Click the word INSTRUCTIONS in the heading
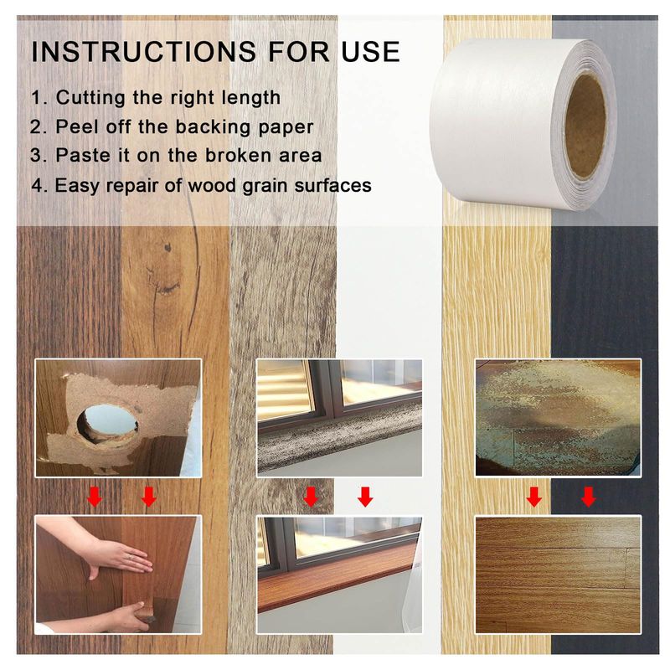coord(143,52)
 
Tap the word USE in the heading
coord(371,52)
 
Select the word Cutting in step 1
coord(91,98)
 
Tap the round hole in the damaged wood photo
coord(108,423)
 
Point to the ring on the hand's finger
coord(131,556)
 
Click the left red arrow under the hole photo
coord(95,497)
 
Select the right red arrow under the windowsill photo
coord(365,497)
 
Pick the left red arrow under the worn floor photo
coord(534,497)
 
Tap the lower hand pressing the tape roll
coord(128,616)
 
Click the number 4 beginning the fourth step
coord(37,186)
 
